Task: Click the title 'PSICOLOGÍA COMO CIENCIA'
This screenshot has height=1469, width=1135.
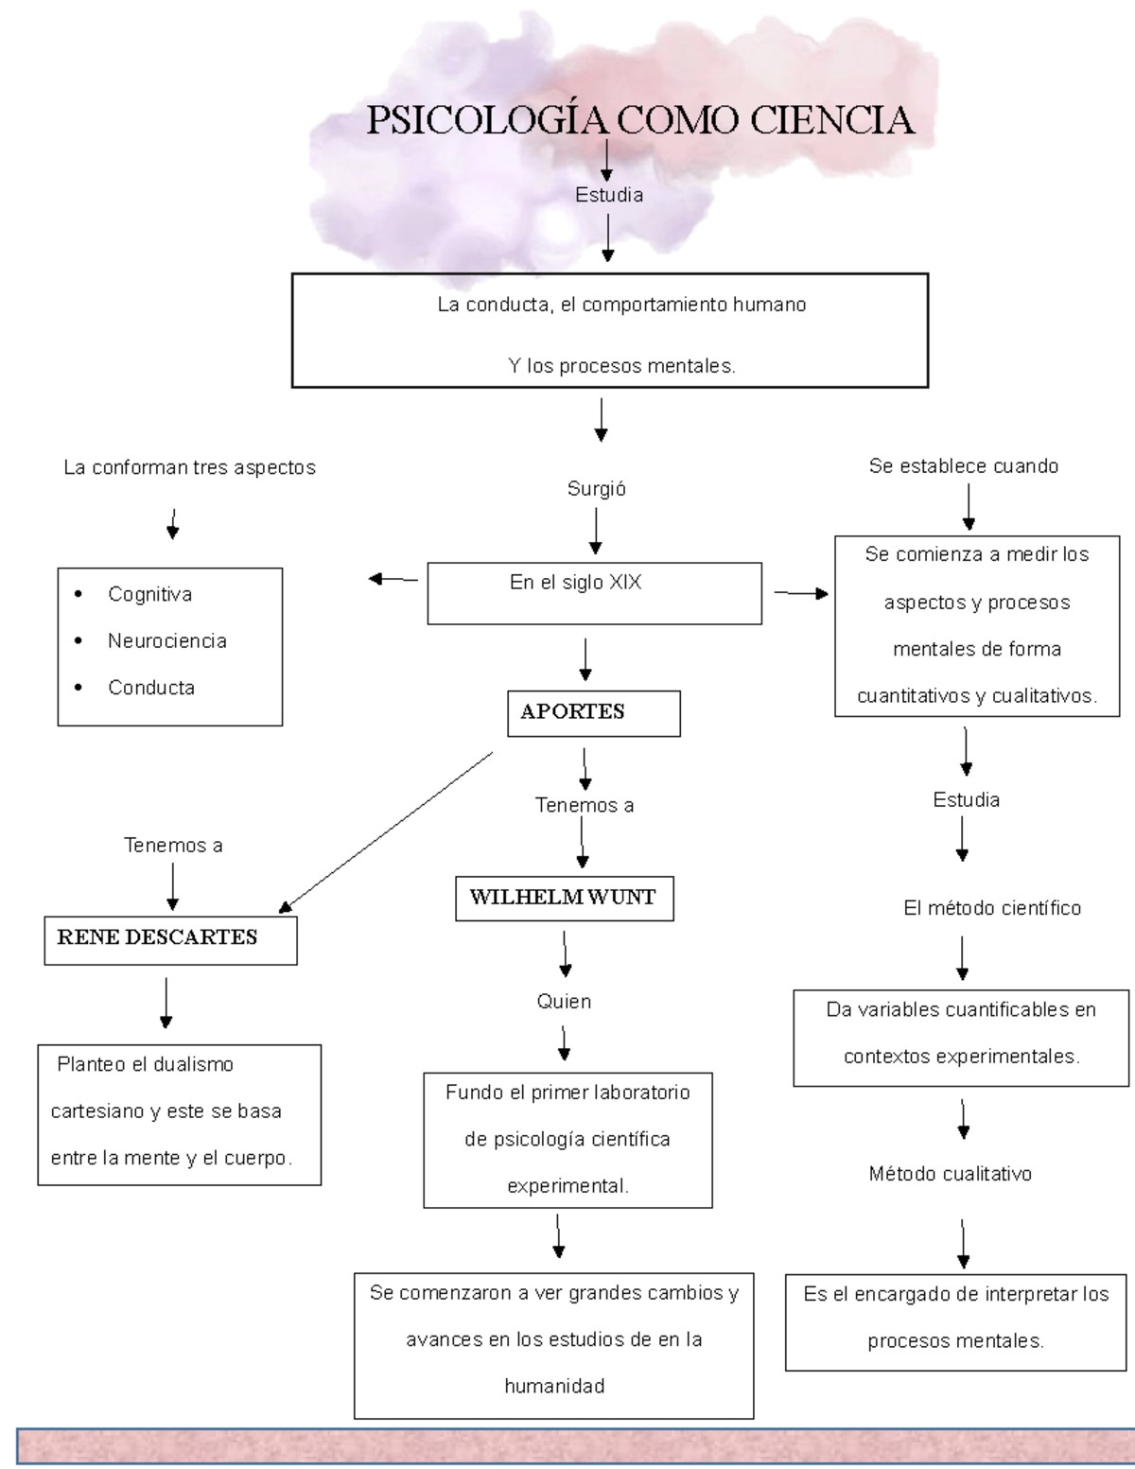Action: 640,121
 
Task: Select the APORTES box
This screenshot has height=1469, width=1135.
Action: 593,713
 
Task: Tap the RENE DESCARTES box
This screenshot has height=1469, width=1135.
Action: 170,939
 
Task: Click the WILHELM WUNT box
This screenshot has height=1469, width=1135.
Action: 564,899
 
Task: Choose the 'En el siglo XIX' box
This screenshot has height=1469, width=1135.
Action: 594,593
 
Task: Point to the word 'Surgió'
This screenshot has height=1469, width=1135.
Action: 596,489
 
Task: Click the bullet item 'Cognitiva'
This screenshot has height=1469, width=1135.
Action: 149,595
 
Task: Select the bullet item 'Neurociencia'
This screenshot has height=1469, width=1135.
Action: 166,641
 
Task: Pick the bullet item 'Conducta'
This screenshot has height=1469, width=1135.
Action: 150,689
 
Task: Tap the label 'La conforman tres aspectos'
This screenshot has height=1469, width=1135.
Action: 189,468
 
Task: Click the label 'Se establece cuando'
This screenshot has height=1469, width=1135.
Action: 963,466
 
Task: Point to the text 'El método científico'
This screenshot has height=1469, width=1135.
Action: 991,909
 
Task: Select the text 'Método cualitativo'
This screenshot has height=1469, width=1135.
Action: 950,1175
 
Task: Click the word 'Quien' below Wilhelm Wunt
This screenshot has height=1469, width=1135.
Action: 564,1002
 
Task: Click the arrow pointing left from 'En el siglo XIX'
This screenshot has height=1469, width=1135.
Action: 393,579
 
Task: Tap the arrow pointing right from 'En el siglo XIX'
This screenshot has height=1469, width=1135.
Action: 801,593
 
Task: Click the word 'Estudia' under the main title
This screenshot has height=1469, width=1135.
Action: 608,195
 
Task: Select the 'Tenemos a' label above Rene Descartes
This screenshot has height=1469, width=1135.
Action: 173,846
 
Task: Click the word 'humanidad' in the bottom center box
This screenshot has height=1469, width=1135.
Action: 554,1387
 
